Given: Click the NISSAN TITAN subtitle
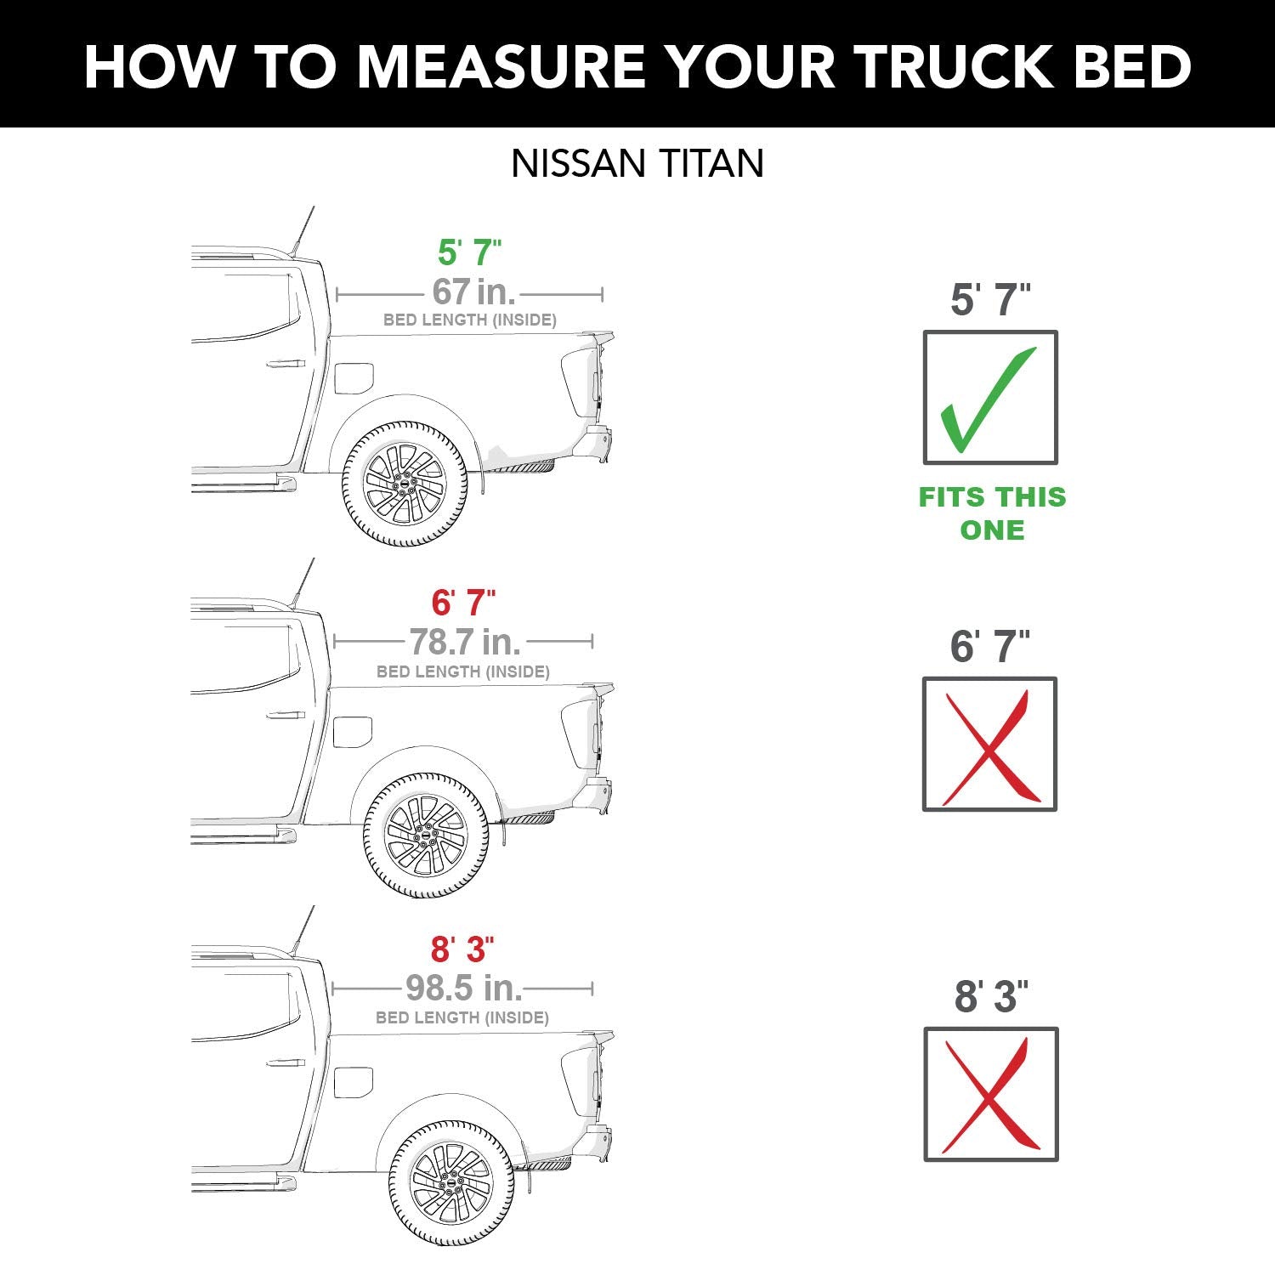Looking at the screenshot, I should [637, 163].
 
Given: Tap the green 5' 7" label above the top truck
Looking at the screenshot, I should [469, 252].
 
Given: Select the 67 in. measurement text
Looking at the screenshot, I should [473, 292].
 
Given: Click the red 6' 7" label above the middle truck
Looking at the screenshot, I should [463, 603].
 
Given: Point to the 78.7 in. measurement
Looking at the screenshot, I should [464, 641].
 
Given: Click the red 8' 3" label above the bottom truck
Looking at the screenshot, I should [462, 949].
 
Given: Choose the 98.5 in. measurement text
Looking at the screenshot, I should [463, 988].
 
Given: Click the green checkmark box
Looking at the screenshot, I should [990, 398].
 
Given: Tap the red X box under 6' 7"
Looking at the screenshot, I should [989, 745].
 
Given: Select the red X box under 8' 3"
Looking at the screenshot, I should [991, 1094].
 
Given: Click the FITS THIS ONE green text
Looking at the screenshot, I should [992, 513].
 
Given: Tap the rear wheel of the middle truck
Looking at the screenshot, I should [426, 836].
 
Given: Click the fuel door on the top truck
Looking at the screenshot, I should [354, 378].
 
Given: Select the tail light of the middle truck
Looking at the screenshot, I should [581, 734].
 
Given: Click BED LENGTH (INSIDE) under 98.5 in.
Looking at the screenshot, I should [462, 1017].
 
